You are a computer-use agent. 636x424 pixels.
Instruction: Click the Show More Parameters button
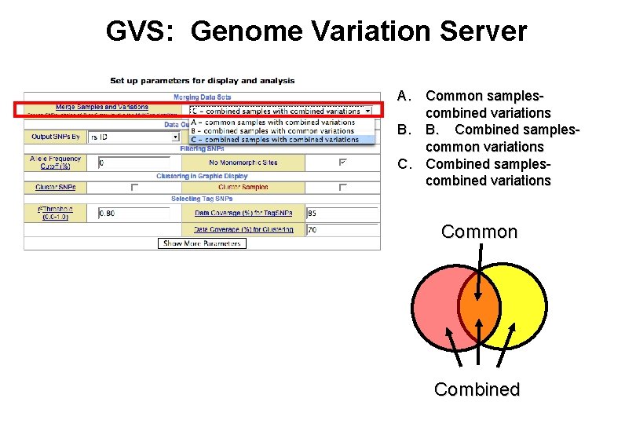pos(203,243)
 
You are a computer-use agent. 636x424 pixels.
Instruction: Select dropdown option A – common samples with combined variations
pos(273,122)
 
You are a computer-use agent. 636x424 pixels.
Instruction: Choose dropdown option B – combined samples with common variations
pos(273,131)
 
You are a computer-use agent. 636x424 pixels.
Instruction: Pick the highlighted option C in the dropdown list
pos(273,140)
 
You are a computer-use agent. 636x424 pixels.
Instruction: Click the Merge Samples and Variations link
pos(101,107)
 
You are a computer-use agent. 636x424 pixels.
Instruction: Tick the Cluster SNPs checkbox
pos(133,188)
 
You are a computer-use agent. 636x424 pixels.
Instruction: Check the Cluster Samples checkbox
pos(342,188)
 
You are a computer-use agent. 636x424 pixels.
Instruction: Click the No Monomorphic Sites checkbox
pos(342,163)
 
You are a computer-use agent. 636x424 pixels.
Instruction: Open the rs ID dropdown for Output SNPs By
pos(134,137)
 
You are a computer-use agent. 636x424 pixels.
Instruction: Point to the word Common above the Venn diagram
pos(479,232)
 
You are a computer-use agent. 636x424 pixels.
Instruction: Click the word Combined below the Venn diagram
pos(477,389)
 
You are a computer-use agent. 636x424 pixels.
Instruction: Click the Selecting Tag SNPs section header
pos(202,199)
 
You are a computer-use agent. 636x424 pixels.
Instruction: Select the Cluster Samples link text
pos(243,188)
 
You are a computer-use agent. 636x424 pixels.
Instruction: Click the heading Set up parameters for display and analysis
pos(202,80)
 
